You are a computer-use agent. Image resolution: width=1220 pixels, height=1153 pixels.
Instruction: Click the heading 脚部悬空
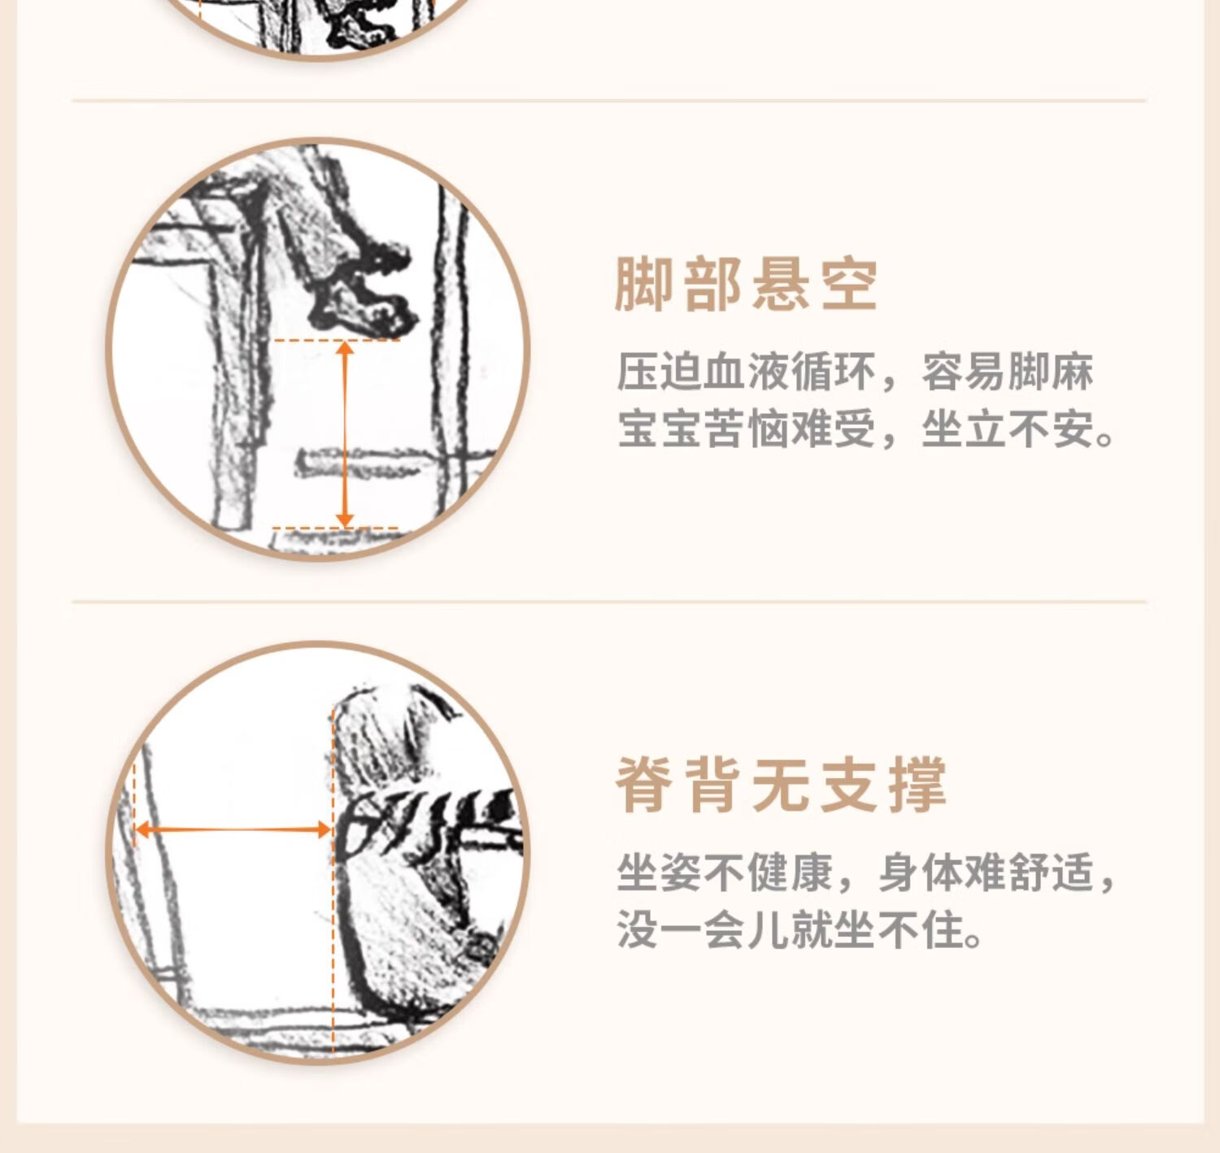tap(746, 285)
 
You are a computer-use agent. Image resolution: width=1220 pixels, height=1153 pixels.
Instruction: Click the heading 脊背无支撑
tap(781, 785)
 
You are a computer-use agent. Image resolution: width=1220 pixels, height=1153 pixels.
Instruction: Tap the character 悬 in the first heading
tap(781, 285)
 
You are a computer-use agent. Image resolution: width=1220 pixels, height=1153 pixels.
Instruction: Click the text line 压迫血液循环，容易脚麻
tap(855, 372)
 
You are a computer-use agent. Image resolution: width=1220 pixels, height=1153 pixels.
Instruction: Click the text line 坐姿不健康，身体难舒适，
tap(866, 872)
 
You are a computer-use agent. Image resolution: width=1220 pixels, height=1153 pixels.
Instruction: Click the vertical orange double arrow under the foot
tap(345, 433)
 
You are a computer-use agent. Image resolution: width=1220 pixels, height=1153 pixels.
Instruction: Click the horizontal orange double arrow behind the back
tap(233, 829)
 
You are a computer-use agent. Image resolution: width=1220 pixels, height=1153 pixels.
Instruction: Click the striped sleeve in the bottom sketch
tap(434, 819)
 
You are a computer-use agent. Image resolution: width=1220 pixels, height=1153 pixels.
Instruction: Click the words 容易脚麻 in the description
tap(1008, 372)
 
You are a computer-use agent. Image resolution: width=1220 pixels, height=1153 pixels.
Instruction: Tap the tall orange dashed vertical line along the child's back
tap(333, 881)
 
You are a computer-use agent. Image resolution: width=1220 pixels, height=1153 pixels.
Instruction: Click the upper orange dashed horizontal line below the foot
tap(336, 340)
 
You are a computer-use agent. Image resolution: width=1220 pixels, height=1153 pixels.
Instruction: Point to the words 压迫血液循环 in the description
tap(746, 372)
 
